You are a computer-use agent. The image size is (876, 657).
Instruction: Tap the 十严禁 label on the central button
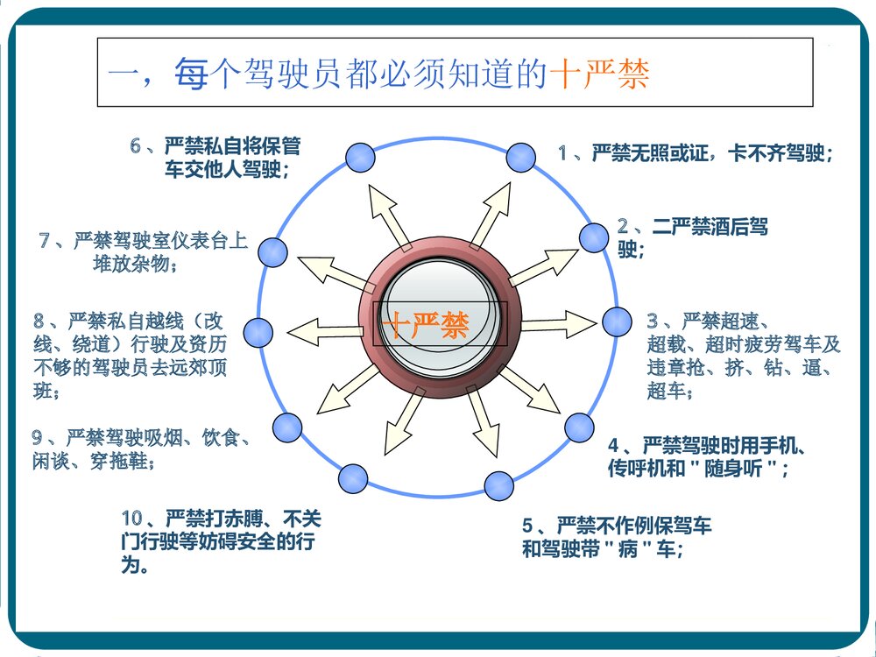[426, 326]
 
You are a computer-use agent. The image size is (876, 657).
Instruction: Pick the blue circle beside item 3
[617, 321]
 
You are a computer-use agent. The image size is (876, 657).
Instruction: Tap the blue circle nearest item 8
[258, 332]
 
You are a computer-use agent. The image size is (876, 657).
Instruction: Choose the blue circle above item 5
[498, 485]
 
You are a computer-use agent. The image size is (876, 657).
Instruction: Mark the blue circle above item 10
[352, 478]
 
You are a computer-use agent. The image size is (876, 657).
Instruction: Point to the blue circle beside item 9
[286, 427]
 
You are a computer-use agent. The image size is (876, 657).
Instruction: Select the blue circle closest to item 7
[273, 251]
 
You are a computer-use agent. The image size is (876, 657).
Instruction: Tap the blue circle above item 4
[579, 427]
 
